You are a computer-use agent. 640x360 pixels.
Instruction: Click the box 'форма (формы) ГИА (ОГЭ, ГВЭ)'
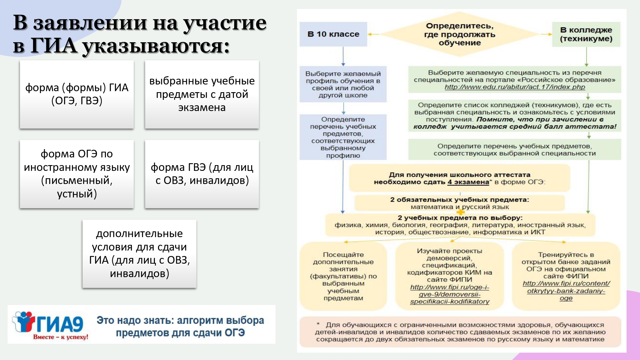(x=77, y=94)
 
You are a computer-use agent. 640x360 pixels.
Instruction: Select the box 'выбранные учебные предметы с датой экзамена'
(x=202, y=94)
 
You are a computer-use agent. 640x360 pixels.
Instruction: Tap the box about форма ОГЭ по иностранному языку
(x=77, y=174)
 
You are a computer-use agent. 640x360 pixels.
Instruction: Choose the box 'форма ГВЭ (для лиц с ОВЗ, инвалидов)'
(x=202, y=174)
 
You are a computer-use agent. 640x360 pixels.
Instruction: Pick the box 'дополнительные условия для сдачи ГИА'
(x=139, y=253)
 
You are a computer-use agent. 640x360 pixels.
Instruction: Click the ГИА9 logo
(x=48, y=323)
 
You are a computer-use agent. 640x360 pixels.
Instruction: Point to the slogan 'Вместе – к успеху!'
(x=60, y=337)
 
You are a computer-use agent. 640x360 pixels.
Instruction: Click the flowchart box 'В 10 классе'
(x=333, y=34)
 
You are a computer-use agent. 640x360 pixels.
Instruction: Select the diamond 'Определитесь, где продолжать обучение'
(x=460, y=34)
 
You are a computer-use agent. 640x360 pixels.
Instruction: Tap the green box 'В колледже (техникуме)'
(x=586, y=34)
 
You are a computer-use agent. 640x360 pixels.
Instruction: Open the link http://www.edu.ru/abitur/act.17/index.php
(x=515, y=87)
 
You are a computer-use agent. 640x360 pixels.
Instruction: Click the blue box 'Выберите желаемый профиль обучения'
(x=343, y=84)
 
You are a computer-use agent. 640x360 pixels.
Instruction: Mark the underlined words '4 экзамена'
(x=468, y=182)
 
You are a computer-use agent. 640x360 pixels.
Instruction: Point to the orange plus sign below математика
(x=460, y=212)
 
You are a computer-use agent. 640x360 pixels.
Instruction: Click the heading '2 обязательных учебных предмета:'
(x=460, y=200)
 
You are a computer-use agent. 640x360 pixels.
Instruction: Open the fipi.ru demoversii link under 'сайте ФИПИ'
(x=450, y=294)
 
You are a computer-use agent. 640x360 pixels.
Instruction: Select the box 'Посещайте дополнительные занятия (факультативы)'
(x=343, y=276)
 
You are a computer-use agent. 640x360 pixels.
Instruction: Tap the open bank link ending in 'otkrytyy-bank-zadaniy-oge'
(x=566, y=291)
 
